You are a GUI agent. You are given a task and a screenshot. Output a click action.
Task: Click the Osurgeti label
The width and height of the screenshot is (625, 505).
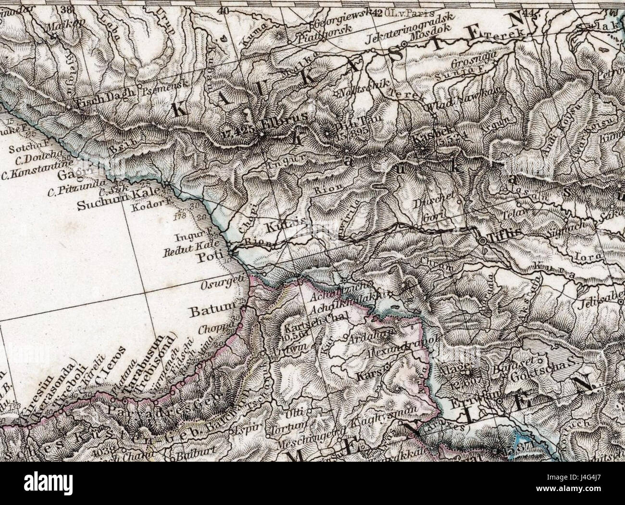[221, 285]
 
